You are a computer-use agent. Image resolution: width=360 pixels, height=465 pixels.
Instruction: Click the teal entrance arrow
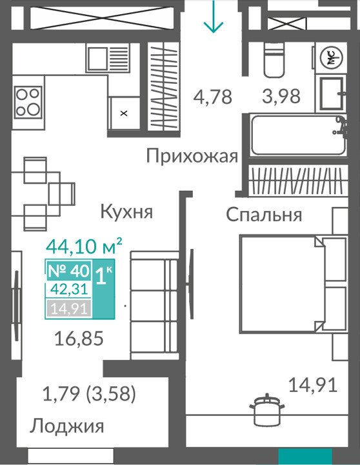213,16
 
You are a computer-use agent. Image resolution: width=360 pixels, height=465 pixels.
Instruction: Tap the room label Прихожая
192,156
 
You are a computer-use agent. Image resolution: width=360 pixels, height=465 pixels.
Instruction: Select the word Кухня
126,212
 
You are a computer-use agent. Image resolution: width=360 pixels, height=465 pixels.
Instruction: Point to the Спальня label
264,215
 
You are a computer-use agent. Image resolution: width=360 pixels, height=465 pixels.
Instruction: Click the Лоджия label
66,426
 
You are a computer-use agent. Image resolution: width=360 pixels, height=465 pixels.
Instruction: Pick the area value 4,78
212,97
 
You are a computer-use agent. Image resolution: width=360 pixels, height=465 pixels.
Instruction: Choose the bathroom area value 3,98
281,96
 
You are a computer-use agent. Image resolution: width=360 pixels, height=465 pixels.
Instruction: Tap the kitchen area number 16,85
79,339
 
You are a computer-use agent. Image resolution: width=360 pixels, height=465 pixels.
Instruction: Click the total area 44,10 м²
85,246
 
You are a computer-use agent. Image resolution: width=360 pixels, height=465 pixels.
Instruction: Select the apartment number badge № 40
69,270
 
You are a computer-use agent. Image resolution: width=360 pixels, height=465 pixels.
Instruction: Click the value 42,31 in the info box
69,289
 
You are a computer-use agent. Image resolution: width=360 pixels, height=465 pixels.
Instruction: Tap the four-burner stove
28,103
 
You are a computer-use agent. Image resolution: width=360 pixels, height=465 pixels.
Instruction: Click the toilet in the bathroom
274,59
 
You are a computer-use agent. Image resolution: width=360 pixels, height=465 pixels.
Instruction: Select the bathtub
297,135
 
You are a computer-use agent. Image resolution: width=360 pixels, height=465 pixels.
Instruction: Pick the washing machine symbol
330,58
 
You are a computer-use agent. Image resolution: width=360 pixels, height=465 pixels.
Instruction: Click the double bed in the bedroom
293,283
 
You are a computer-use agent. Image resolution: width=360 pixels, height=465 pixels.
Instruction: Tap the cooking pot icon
267,410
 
